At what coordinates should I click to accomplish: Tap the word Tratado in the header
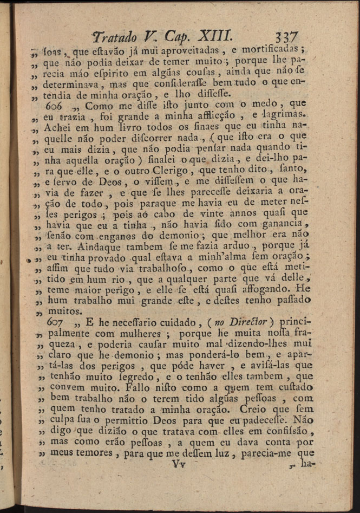(x=116, y=36)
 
